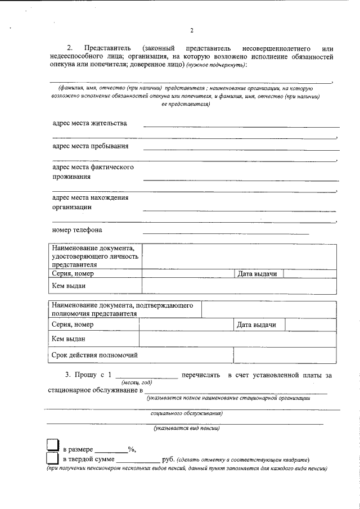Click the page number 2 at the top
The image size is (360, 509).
coord(192,30)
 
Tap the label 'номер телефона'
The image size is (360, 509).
coord(77,230)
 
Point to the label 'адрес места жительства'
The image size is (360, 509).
coord(89,123)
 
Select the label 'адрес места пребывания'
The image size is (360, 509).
coord(90,146)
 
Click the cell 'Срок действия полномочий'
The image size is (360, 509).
coord(94,355)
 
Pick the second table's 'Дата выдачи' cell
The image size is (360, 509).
coord(256,325)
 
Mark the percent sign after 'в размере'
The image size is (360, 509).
coord(130,449)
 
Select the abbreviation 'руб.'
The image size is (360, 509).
coord(169,460)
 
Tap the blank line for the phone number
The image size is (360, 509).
coord(226,233)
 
